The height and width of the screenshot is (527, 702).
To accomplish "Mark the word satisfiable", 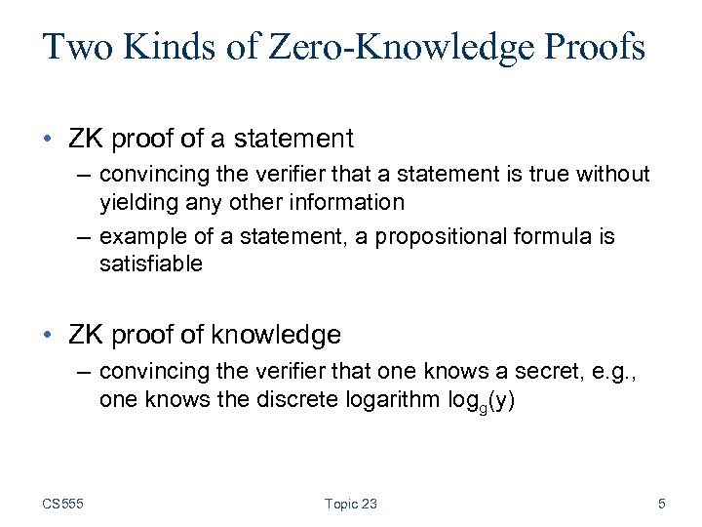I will point(150,263).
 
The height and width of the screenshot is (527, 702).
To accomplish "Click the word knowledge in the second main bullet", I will point(282,335).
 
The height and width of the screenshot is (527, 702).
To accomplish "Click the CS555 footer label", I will point(63,504).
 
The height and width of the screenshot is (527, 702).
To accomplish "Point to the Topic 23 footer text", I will point(350,504).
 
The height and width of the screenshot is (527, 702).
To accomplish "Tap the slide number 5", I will point(662,504).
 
